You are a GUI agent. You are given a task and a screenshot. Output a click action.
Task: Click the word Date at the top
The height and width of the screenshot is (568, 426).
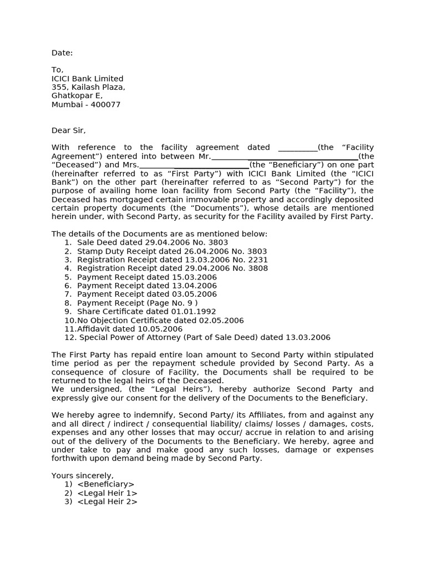click(61, 53)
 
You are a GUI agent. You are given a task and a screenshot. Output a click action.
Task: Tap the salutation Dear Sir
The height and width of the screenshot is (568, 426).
click(68, 130)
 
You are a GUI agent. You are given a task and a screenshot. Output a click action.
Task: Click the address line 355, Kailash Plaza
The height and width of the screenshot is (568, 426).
click(88, 88)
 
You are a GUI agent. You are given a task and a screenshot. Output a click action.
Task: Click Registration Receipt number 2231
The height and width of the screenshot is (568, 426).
click(258, 260)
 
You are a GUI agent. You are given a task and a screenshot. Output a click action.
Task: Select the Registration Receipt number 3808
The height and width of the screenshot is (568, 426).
click(258, 268)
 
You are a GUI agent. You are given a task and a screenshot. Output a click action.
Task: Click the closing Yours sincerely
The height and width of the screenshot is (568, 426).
click(83, 476)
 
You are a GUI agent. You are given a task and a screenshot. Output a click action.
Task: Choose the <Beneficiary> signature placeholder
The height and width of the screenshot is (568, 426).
click(106, 484)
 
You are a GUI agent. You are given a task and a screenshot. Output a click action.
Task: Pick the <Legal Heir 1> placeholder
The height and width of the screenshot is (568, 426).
click(107, 493)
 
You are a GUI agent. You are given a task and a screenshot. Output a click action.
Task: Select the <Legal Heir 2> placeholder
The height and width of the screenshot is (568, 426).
click(107, 502)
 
